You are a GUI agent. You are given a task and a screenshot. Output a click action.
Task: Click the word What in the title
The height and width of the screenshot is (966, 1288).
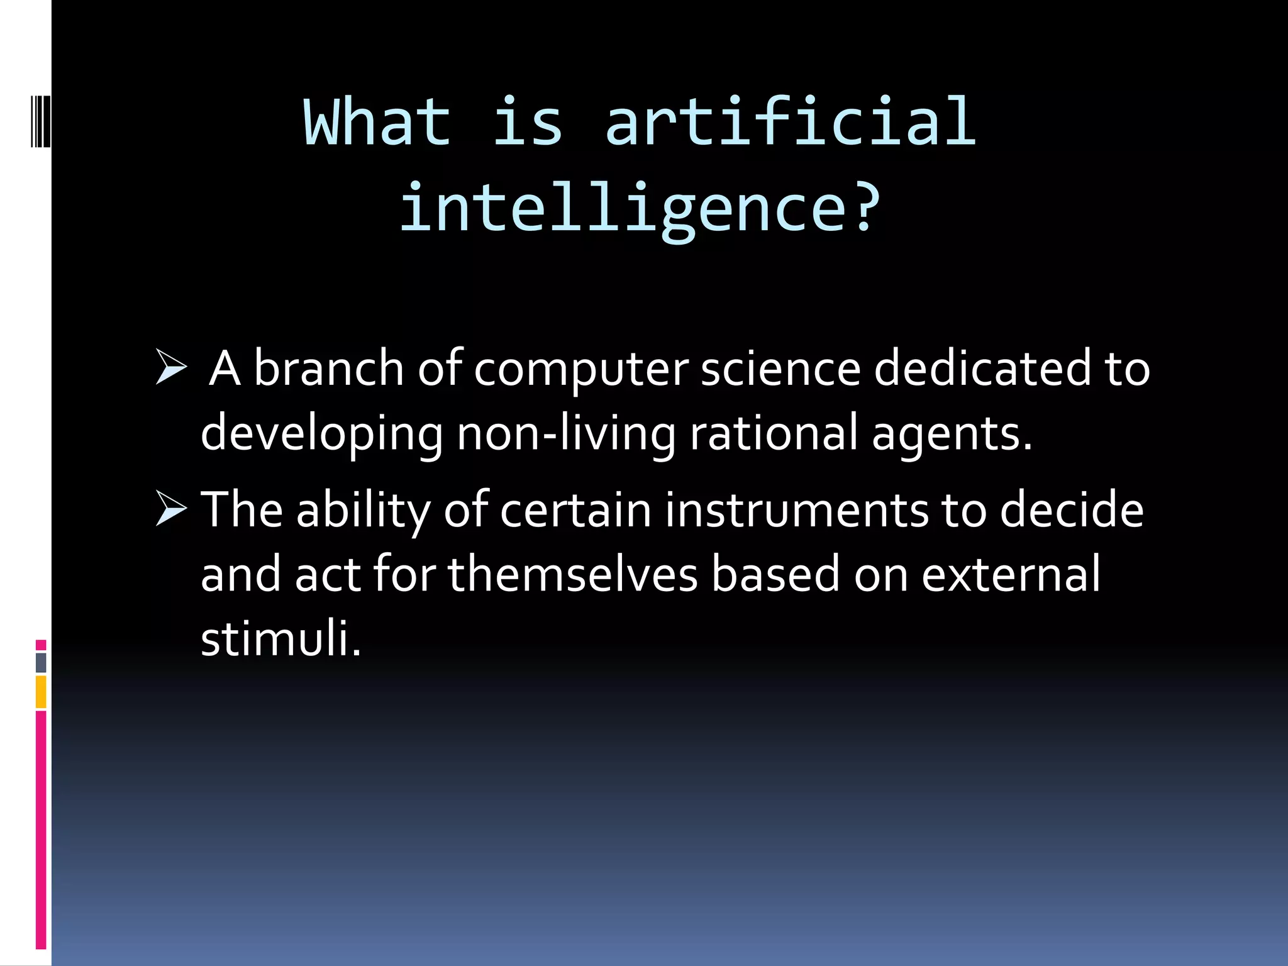click(x=377, y=123)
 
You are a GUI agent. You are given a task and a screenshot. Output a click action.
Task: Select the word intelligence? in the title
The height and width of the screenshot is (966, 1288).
click(x=640, y=208)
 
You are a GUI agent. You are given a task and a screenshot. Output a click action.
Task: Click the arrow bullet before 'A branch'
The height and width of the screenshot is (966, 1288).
click(x=171, y=368)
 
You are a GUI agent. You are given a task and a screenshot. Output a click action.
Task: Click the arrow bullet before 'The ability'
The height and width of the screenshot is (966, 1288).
click(x=171, y=509)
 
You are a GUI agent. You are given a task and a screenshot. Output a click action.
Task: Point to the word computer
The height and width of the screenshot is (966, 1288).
click(x=581, y=370)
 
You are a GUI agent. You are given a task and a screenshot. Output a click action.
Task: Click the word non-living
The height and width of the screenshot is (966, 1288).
click(x=566, y=434)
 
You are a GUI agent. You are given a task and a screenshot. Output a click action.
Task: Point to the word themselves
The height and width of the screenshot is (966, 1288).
click(x=572, y=574)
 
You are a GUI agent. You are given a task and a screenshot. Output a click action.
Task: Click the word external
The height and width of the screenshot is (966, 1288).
click(x=1011, y=574)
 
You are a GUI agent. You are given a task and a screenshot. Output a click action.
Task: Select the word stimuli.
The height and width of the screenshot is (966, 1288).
click(x=280, y=639)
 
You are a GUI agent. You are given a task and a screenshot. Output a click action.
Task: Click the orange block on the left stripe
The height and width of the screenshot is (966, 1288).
click(x=41, y=692)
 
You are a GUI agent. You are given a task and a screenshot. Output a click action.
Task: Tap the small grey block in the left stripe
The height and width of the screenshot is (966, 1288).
click(x=41, y=663)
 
